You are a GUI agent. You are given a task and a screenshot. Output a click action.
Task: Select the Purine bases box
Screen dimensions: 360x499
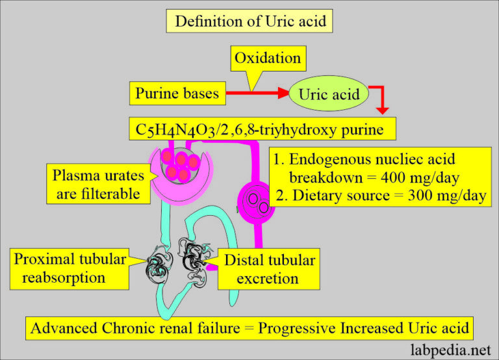tap(177, 93)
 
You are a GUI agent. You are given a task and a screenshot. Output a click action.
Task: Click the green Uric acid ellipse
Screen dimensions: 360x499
tap(329, 94)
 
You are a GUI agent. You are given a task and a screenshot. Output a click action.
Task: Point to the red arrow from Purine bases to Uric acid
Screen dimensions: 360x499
tap(257, 94)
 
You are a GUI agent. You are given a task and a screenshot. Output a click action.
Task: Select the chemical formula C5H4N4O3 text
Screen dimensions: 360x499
tap(170, 129)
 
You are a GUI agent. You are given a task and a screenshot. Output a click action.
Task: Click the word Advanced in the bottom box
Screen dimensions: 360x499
tap(64, 327)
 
